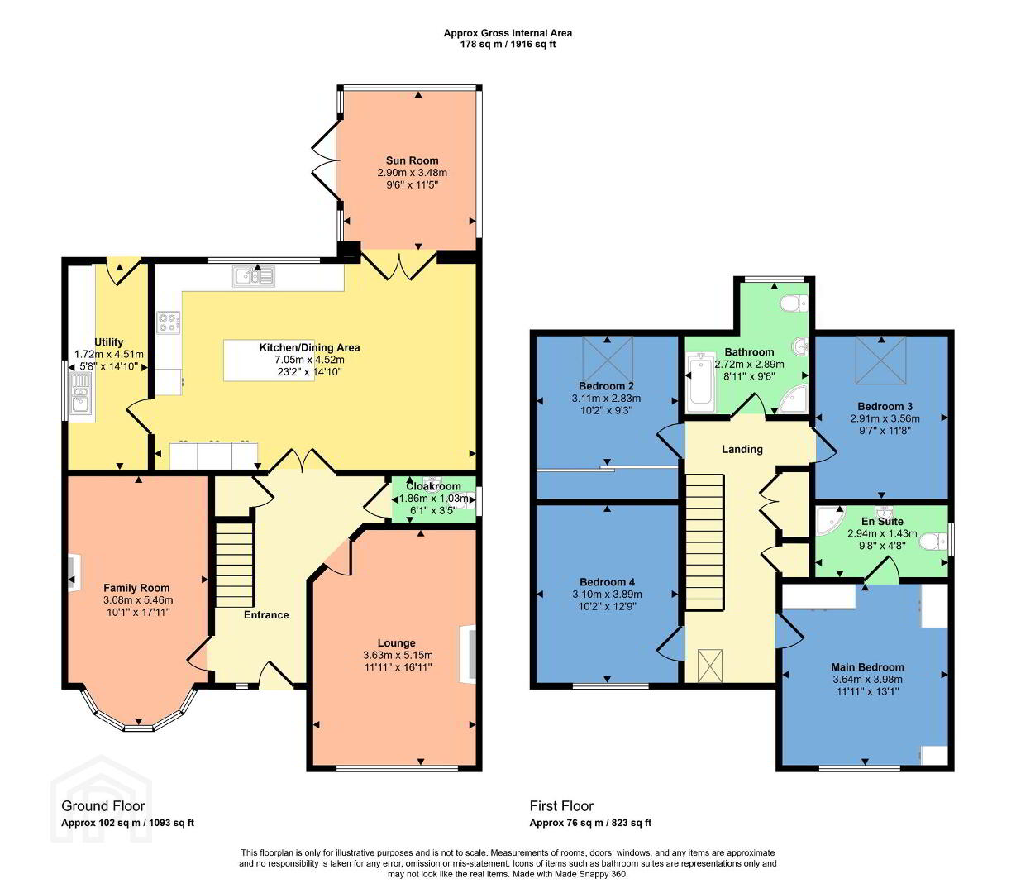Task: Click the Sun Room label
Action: [x=412, y=160]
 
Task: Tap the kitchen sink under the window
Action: [x=254, y=276]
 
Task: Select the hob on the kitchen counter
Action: [x=169, y=322]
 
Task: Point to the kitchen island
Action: [x=269, y=361]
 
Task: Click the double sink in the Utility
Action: [x=81, y=394]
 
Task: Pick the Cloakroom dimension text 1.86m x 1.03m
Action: [x=433, y=499]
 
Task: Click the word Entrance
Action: [x=266, y=615]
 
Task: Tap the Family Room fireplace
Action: [x=74, y=573]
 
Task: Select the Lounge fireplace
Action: [x=468, y=654]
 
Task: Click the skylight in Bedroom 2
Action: [x=608, y=359]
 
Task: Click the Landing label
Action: [x=742, y=450]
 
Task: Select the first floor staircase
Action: [x=704, y=542]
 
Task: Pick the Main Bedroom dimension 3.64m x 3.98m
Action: [x=867, y=680]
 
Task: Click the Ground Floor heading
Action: [x=103, y=806]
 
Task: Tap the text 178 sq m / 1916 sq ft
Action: [x=508, y=44]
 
